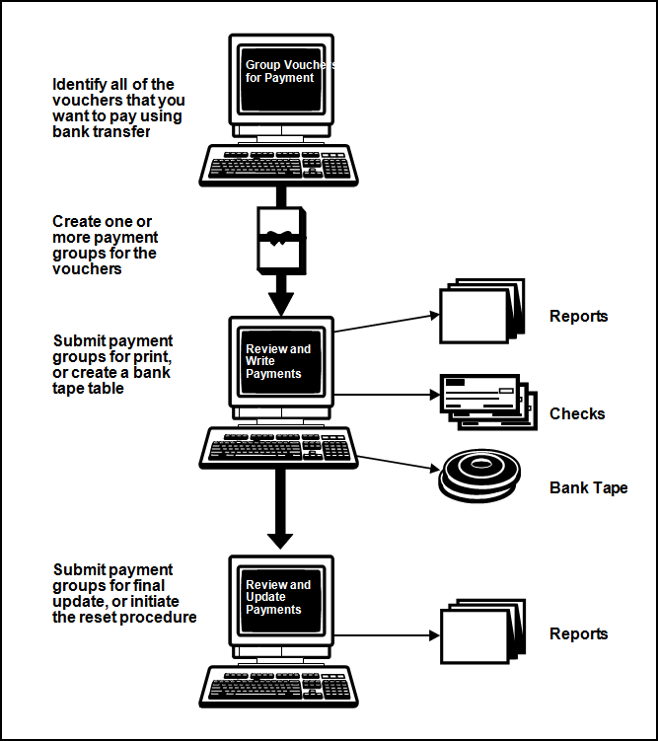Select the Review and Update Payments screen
click(281, 600)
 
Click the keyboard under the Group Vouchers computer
click(280, 165)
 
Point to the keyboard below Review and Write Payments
click(280, 448)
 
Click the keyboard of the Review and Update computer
click(280, 683)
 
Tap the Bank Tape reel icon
click(481, 477)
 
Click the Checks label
click(577, 414)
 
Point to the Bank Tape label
click(588, 488)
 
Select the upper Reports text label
click(579, 317)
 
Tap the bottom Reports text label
click(579, 634)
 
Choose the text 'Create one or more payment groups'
click(105, 246)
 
